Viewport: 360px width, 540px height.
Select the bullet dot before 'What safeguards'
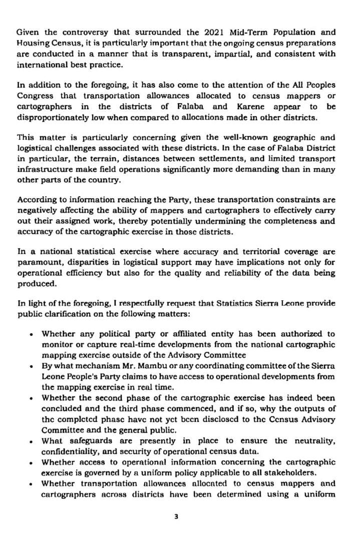(x=32, y=441)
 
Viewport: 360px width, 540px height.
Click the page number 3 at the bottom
(x=176, y=516)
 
